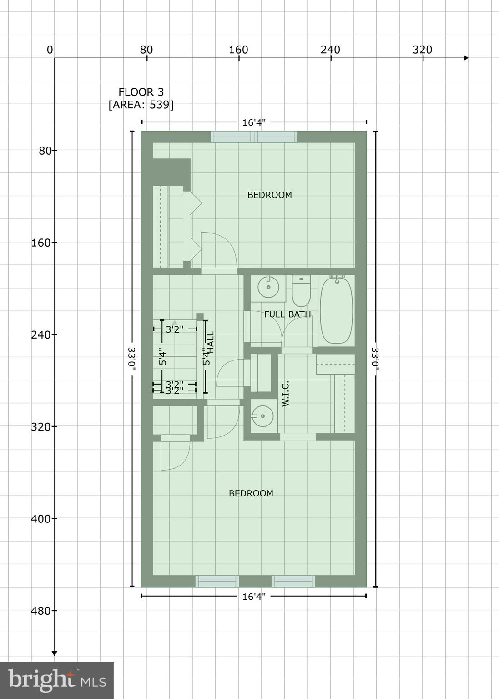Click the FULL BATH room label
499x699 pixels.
pyautogui.click(x=287, y=314)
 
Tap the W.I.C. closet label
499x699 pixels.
pyautogui.click(x=286, y=394)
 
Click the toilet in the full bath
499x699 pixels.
pyautogui.click(x=301, y=291)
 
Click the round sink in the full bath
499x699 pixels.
pyautogui.click(x=268, y=288)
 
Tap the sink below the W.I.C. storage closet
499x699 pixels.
pyautogui.click(x=262, y=416)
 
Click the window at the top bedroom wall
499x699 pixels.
pyautogui.click(x=254, y=137)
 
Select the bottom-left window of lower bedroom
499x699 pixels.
pyautogui.click(x=217, y=581)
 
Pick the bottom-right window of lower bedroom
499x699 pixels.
pyautogui.click(x=293, y=581)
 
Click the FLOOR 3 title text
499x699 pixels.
pyautogui.click(x=141, y=92)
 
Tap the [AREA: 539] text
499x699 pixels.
pyautogui.click(x=141, y=105)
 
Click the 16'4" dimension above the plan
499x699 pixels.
pyautogui.click(x=254, y=122)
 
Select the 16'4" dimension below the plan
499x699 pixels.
pyautogui.click(x=254, y=596)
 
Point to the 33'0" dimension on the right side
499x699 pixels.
pyautogui.click(x=375, y=360)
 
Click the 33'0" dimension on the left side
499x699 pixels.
pyautogui.click(x=132, y=360)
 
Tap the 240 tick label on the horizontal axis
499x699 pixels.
pyautogui.click(x=330, y=50)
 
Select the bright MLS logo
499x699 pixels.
pyautogui.click(x=57, y=680)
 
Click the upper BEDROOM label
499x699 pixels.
pyautogui.click(x=270, y=195)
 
